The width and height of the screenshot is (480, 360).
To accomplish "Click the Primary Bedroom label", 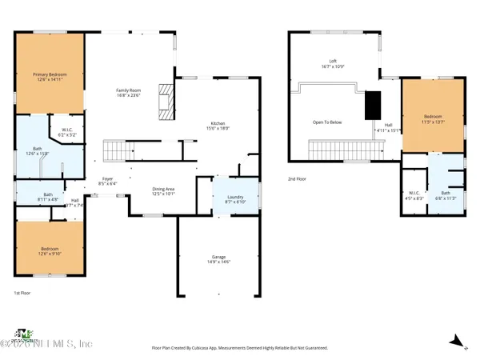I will coord(50,77).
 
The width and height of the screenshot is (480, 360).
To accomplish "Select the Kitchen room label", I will coord(218,125).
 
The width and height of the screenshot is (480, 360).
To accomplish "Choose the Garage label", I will coord(219,259).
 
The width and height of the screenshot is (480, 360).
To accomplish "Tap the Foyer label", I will coord(106,181).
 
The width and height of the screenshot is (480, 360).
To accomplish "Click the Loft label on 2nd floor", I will coord(333,63).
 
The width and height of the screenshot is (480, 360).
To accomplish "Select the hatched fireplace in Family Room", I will coord(166,102).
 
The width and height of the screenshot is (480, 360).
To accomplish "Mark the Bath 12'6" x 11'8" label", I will coord(38,152).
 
